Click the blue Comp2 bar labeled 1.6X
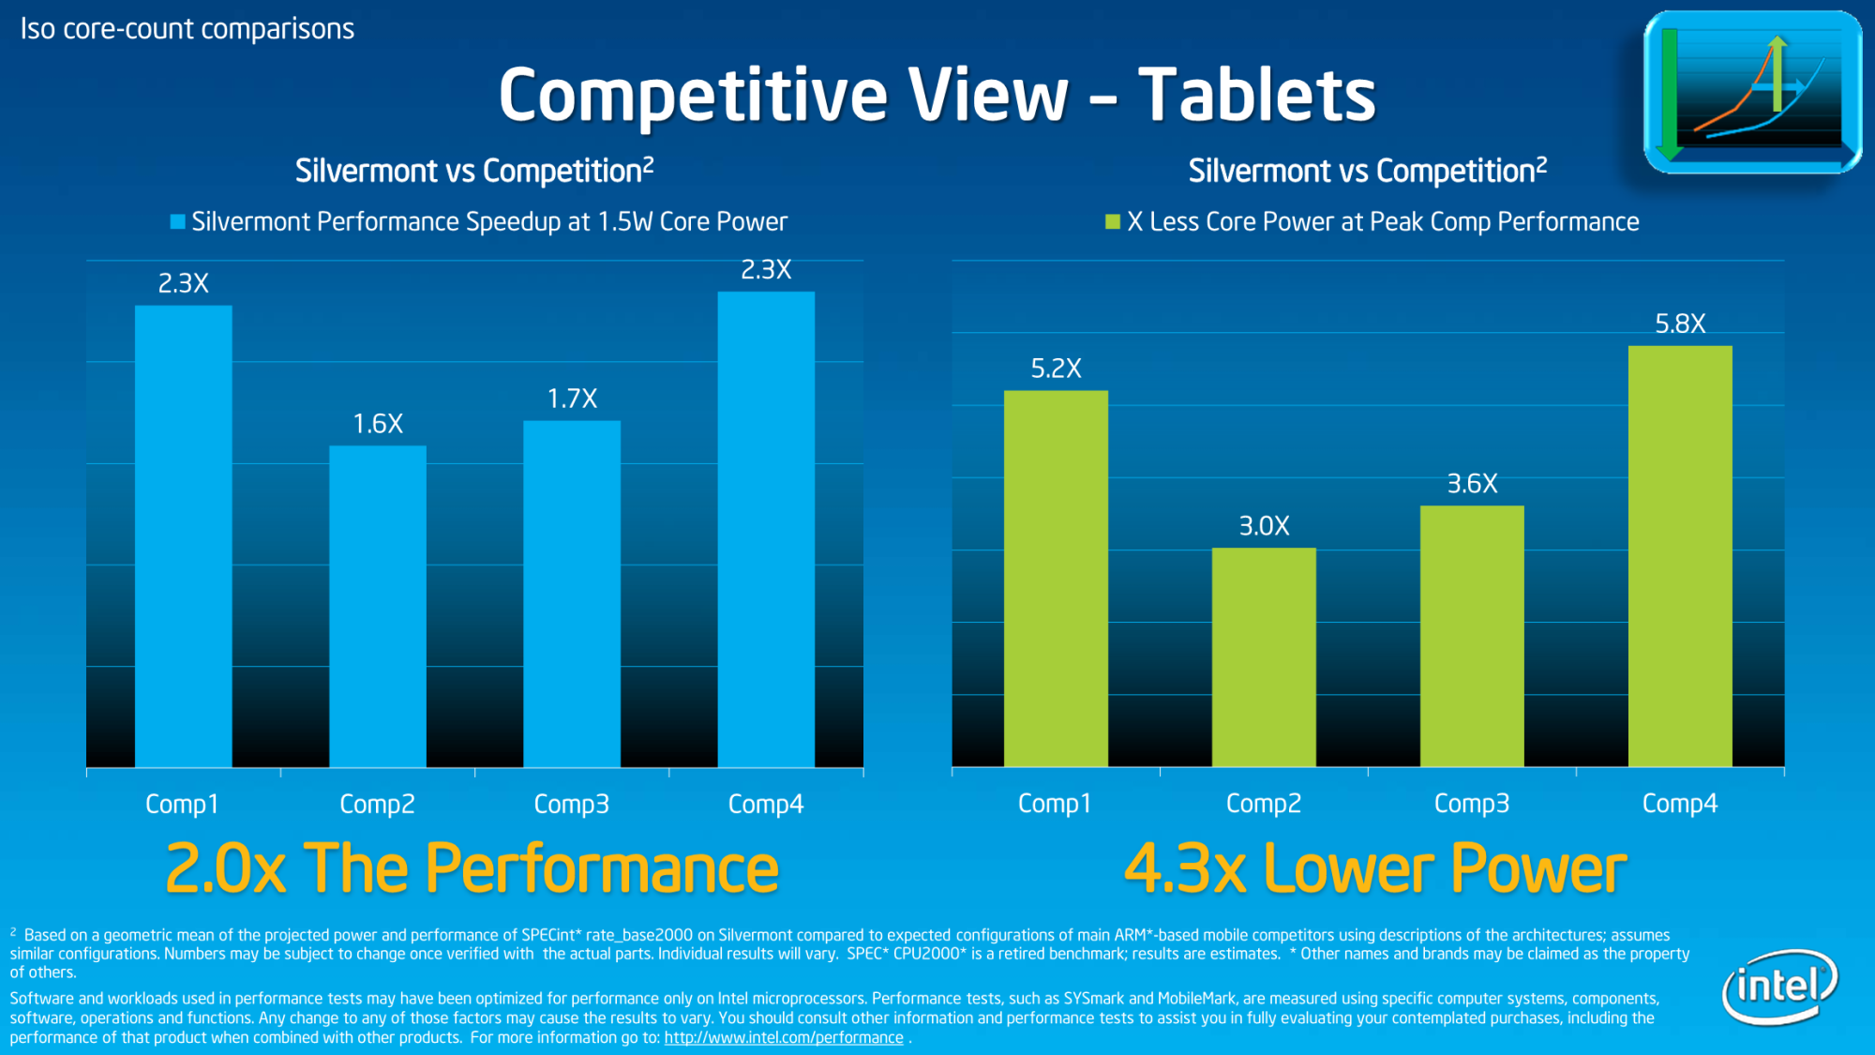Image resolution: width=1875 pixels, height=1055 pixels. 378,605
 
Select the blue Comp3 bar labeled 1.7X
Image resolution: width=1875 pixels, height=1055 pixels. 572,593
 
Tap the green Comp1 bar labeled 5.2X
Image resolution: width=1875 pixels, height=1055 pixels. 1056,578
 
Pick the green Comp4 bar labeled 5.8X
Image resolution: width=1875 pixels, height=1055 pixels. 1680,555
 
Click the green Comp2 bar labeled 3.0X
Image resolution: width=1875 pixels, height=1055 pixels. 1264,656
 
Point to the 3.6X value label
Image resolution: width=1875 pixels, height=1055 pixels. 1472,484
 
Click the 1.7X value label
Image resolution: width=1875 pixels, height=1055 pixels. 572,399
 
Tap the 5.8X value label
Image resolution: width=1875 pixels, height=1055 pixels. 1680,324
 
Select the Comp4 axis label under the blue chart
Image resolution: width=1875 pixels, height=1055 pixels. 766,804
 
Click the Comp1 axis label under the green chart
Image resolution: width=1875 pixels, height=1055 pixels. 1055,804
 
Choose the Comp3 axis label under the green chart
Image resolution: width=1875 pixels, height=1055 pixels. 1472,804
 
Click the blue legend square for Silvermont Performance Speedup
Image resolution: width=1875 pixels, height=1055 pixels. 177,222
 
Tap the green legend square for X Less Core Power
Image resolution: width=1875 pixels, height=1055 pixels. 1113,222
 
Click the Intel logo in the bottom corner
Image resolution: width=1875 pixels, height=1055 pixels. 1778,987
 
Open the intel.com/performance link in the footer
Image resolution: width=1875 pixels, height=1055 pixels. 784,1038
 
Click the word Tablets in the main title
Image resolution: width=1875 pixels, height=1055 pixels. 1256,96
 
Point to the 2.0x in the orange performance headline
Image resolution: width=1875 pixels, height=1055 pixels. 225,869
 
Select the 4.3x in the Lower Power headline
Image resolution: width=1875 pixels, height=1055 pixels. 1184,869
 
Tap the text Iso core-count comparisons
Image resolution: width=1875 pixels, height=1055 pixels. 187,29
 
